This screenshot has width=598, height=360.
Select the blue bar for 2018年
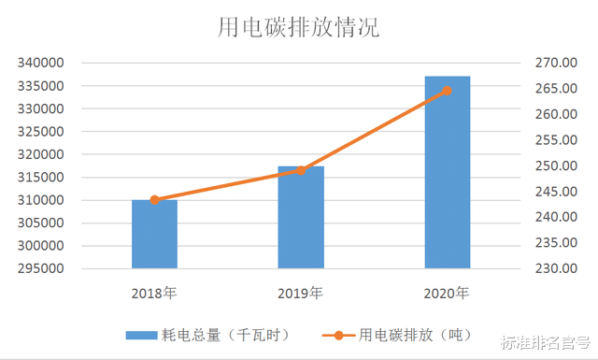click(154, 235)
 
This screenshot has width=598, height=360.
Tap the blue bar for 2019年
click(300, 218)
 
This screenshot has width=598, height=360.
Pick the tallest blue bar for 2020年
click(447, 173)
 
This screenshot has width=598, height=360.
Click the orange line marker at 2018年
click(154, 200)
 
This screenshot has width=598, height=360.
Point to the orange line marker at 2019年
click(300, 170)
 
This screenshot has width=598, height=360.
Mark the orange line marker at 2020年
click(447, 91)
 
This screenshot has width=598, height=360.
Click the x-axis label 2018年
click(154, 294)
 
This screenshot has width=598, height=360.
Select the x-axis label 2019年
click(300, 294)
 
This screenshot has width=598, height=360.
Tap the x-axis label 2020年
click(447, 294)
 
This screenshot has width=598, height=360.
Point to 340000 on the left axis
click(40, 64)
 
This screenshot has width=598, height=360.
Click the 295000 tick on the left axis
click(40, 269)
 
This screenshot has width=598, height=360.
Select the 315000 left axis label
click(40, 178)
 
